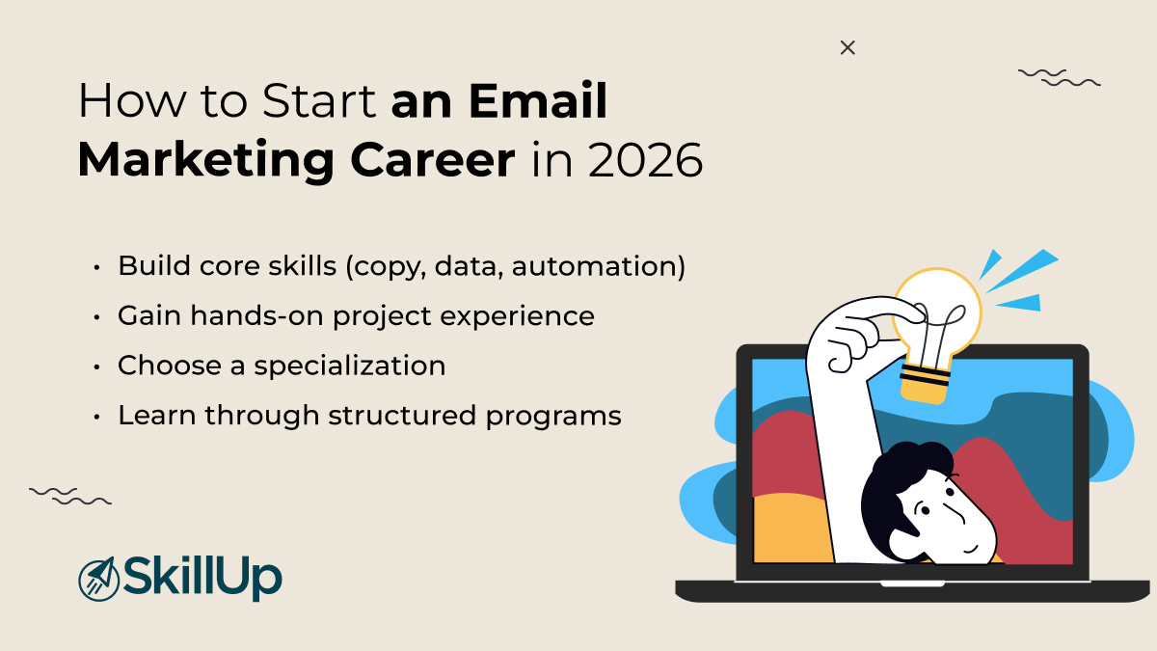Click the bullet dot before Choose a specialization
pos(98,366)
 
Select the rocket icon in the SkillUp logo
pos(96,578)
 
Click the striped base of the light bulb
pos(922,381)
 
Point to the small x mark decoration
pos(848,47)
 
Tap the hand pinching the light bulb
pos(853,333)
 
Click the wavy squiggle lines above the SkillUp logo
pos(70,496)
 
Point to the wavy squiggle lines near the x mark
pos(1059,77)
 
